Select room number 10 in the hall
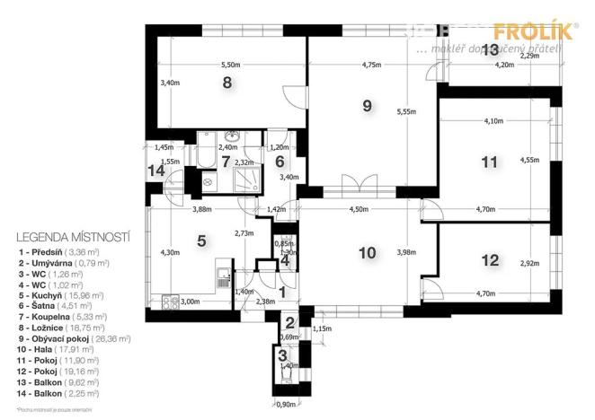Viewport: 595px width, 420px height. pos(367,252)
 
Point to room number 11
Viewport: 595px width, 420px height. pos(488,162)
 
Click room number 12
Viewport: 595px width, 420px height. pos(489,260)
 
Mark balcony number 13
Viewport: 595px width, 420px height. pos(489,49)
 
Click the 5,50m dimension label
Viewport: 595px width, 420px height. pos(231,65)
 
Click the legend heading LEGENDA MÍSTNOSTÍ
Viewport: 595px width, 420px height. pos(74,237)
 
